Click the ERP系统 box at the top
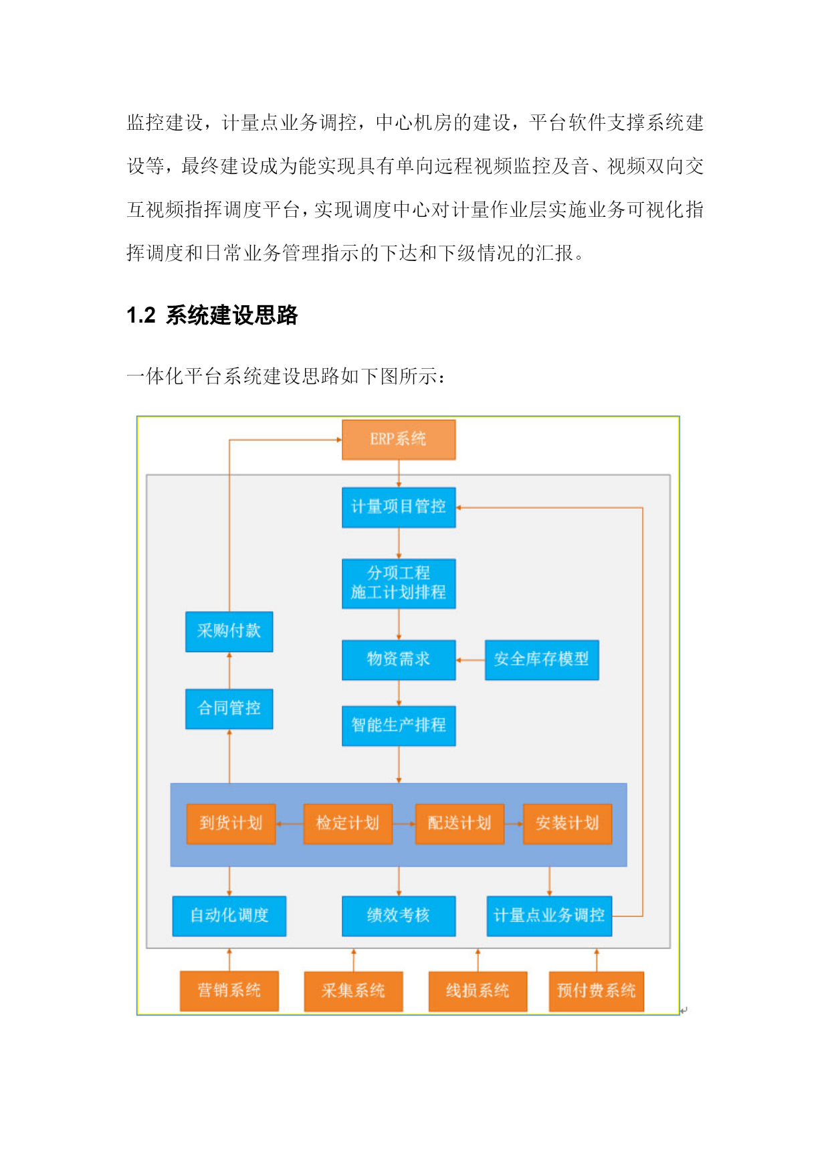point(399,440)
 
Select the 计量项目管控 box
point(399,507)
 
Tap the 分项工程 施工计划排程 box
point(399,584)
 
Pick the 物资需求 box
point(399,660)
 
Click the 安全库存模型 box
point(542,660)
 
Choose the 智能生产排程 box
point(399,726)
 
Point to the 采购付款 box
point(229,631)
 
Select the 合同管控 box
point(229,709)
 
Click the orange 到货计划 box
point(231,824)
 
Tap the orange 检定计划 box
point(348,824)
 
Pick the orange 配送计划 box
point(459,824)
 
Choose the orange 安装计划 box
point(567,824)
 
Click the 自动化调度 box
point(229,916)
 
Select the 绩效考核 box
point(399,916)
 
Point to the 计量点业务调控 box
point(549,916)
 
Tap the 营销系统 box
point(229,991)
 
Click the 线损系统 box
point(478,991)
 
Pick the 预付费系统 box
point(597,991)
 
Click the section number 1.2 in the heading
point(141,315)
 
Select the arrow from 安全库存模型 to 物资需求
point(471,660)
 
